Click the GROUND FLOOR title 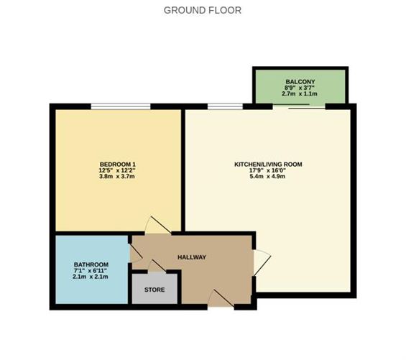[203, 10]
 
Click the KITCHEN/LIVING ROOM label [268, 165]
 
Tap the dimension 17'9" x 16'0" [268, 170]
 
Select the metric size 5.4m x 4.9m [268, 177]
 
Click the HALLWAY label [192, 257]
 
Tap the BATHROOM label [91, 264]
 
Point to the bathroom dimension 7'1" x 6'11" [91, 271]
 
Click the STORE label [154, 290]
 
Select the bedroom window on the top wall [120, 107]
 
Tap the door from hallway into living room [261, 261]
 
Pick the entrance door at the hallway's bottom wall [220, 300]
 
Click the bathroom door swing [136, 251]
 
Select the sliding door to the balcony [299, 107]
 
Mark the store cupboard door [154, 267]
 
